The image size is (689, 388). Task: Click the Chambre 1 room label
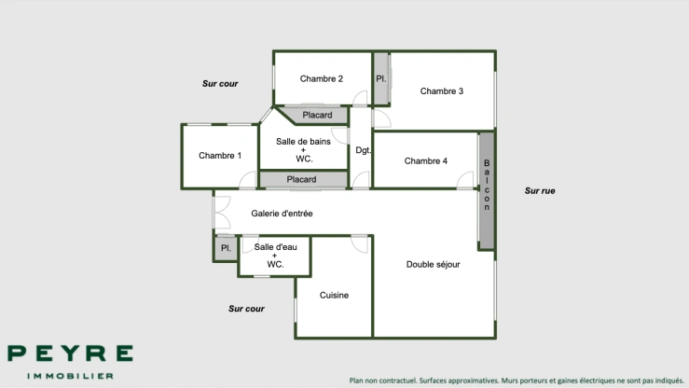click(x=220, y=156)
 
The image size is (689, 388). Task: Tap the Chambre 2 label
click(x=322, y=78)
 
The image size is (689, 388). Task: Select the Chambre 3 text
click(x=442, y=91)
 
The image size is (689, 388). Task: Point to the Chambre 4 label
click(x=426, y=161)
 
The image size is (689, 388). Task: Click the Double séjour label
click(x=434, y=264)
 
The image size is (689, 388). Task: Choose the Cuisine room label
click(x=334, y=295)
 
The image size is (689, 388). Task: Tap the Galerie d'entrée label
click(x=282, y=214)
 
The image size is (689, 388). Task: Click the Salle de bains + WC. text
click(x=303, y=149)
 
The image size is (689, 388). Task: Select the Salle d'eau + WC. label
click(x=275, y=255)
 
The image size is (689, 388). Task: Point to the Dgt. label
click(x=364, y=150)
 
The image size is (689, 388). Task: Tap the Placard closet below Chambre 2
click(x=317, y=116)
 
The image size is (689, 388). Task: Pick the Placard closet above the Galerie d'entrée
click(x=301, y=179)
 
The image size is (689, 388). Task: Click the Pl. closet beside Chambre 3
click(x=380, y=78)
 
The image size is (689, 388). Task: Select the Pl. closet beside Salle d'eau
click(x=225, y=248)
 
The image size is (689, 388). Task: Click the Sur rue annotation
click(x=540, y=190)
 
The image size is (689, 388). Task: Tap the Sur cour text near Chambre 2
click(x=220, y=84)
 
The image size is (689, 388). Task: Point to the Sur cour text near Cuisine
click(x=246, y=309)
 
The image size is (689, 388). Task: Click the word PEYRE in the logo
click(x=70, y=354)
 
